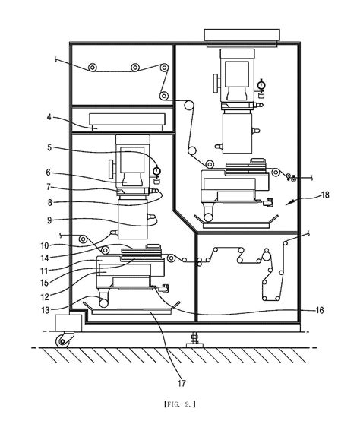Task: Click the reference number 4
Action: [x=49, y=117]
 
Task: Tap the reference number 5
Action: [x=49, y=147]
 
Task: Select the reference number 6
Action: [x=49, y=173]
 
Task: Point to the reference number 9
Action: [x=49, y=220]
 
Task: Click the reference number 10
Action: [x=45, y=245]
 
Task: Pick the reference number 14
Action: [x=45, y=258]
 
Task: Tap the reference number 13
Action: [x=45, y=310]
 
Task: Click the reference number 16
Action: [x=320, y=310]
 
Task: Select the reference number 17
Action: [x=182, y=384]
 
